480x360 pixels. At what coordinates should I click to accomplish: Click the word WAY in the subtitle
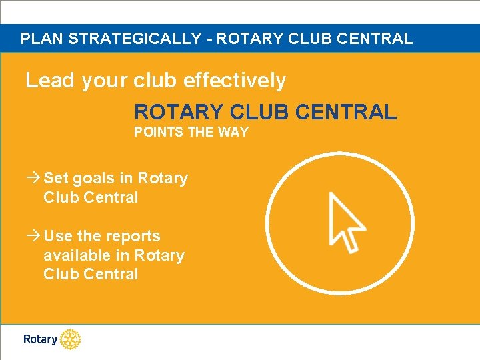[x=233, y=132]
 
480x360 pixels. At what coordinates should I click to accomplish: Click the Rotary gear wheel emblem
[x=70, y=339]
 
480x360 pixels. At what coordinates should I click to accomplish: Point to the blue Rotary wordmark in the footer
[x=40, y=339]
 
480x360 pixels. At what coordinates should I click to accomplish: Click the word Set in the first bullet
[x=55, y=178]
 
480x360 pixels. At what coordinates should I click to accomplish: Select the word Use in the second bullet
[x=58, y=236]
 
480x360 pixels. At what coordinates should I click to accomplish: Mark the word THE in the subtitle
[x=200, y=132]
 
